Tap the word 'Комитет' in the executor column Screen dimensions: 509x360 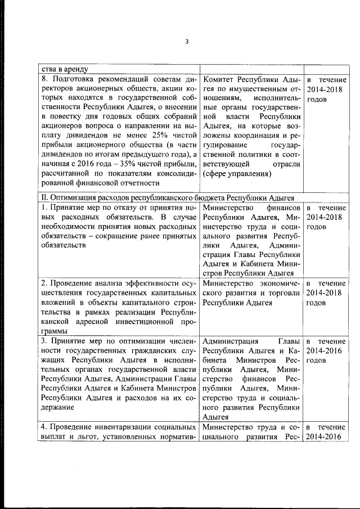point(219,80)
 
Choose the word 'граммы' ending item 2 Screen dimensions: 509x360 point(52,332)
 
